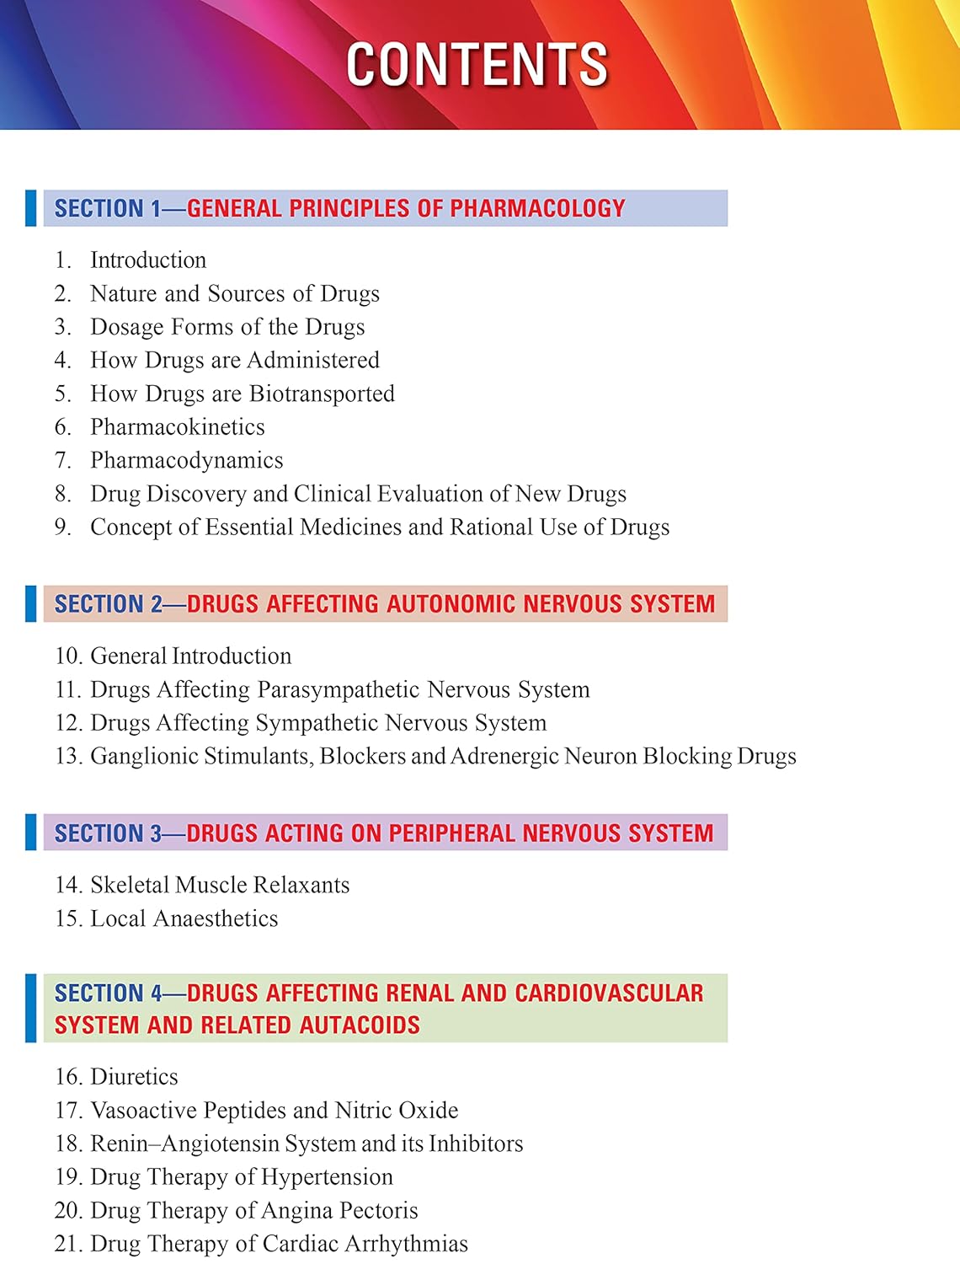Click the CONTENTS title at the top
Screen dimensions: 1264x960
477,64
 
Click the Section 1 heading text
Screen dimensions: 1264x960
339,208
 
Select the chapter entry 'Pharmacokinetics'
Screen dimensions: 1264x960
177,427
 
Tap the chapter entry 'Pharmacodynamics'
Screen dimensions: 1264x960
186,460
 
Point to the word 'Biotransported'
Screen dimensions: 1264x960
322,394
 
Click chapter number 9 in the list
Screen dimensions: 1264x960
62,528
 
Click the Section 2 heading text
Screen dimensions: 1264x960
384,604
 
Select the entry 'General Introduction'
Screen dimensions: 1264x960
190,656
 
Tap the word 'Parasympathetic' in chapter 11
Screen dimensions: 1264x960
339,690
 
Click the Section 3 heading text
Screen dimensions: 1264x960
383,833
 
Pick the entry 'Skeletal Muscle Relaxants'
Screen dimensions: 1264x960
219,885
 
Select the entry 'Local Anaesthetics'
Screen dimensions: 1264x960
184,919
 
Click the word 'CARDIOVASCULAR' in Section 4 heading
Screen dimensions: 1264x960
609,994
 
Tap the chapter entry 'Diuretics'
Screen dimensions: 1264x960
134,1077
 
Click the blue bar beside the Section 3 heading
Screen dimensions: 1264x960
31,833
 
